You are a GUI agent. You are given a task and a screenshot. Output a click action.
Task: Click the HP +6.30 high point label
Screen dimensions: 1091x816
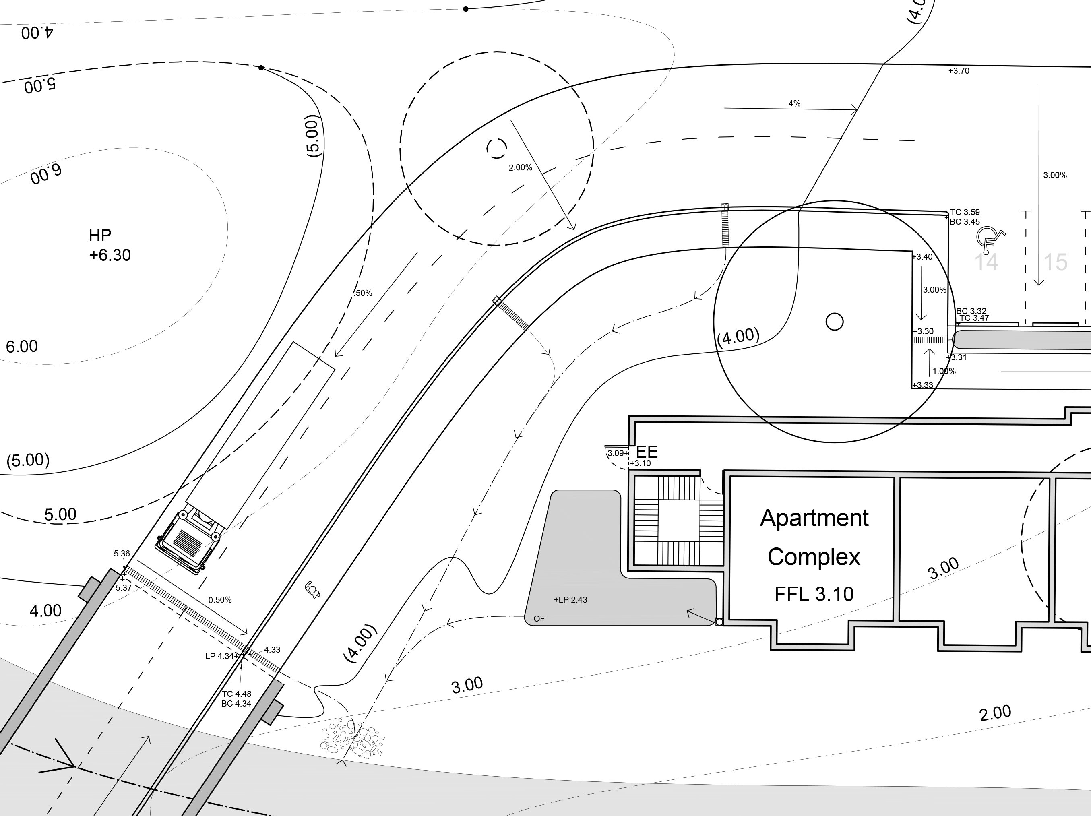click(x=110, y=245)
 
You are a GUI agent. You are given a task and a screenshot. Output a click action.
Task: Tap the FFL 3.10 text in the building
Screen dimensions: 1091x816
click(x=814, y=594)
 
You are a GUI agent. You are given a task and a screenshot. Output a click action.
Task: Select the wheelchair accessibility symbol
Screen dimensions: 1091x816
click(x=990, y=238)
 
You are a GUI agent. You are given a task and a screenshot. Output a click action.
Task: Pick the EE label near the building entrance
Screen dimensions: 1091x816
click(x=647, y=452)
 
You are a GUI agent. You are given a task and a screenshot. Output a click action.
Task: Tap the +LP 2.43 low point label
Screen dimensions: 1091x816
click(x=570, y=599)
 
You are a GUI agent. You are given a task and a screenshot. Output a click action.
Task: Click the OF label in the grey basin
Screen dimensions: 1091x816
click(x=539, y=618)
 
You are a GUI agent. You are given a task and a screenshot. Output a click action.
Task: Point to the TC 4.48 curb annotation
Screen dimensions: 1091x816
click(x=236, y=694)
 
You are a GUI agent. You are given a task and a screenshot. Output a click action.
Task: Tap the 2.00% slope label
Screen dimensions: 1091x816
click(x=521, y=167)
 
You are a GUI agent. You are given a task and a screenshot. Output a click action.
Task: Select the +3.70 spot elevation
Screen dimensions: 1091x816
click(x=958, y=71)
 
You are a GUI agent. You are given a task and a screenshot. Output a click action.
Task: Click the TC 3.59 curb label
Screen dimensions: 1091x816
click(x=965, y=213)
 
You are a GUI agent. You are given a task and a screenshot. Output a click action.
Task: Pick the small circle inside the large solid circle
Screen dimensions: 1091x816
click(x=834, y=322)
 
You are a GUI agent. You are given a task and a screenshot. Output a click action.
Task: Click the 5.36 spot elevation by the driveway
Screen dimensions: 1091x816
click(x=122, y=553)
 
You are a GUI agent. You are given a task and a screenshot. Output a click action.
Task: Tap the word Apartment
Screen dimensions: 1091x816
click(x=814, y=518)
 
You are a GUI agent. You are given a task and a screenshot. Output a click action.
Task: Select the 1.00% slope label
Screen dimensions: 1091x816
click(x=944, y=371)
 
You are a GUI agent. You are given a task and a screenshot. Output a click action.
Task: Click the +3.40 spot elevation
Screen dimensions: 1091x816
click(x=922, y=257)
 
